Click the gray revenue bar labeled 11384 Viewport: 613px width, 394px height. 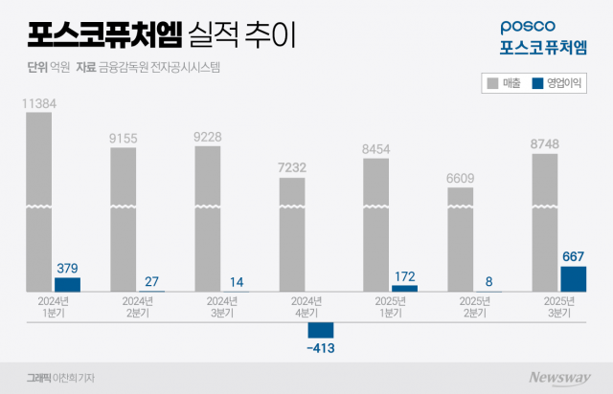pyautogui.click(x=39, y=201)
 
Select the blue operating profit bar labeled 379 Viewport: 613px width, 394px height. pyautogui.click(x=67, y=284)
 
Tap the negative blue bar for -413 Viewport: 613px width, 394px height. pyautogui.click(x=320, y=330)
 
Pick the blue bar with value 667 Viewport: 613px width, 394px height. pyautogui.click(x=573, y=278)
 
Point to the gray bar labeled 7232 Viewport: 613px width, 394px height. pyautogui.click(x=292, y=234)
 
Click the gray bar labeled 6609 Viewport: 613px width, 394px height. pyautogui.click(x=461, y=239)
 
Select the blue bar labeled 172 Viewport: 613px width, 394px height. pyautogui.click(x=404, y=288)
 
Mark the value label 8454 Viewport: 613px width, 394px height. pyautogui.click(x=376, y=149)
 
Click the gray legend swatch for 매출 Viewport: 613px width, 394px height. pyautogui.click(x=491, y=84)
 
